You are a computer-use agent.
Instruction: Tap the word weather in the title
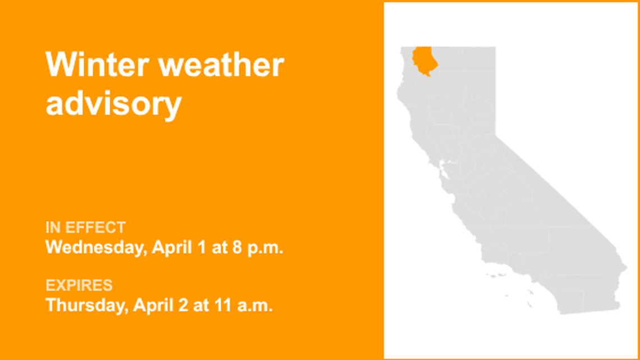221,65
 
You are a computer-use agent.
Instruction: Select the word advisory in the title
113,104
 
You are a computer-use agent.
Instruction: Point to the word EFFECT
96,227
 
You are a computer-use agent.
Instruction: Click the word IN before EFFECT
53,227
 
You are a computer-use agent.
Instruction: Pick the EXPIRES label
79,285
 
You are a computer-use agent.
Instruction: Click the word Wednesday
96,247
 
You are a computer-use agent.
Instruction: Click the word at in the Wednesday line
218,247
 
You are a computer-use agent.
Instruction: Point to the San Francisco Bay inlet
445,167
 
